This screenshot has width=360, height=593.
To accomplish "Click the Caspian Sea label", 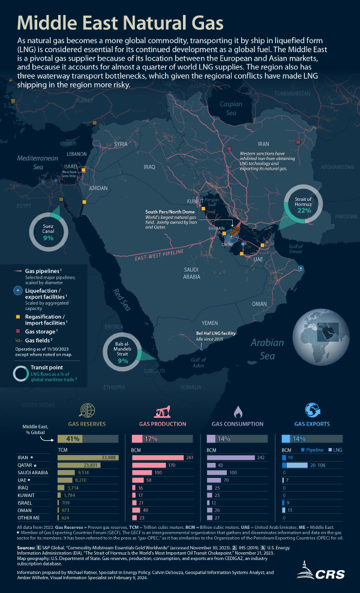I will point(231,108).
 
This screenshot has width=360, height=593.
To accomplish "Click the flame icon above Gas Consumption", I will point(237,411).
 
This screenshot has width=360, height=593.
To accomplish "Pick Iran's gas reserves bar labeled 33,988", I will point(88,457).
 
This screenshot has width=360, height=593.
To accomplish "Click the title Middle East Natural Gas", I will point(120,23).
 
